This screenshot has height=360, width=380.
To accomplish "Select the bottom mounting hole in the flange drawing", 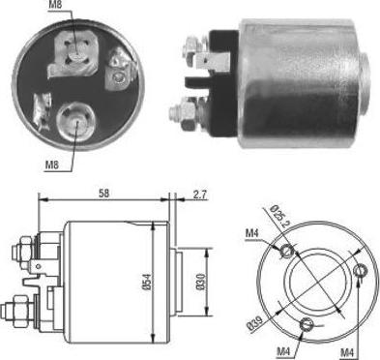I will [307, 324].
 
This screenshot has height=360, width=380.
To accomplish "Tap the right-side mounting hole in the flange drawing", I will [361, 269].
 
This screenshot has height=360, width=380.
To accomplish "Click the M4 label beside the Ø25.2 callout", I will [252, 232].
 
